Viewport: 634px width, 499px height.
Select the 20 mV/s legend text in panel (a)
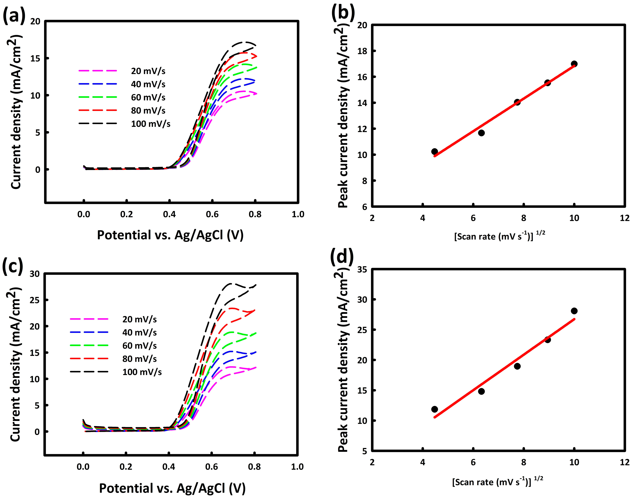[x=148, y=71]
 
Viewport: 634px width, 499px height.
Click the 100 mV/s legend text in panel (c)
[x=142, y=372]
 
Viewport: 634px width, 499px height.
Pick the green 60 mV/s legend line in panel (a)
[x=98, y=97]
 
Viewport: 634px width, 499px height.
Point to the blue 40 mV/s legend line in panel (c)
[x=89, y=332]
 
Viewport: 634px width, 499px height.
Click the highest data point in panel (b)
[x=574, y=64]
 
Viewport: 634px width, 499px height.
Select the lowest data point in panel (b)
[x=434, y=151]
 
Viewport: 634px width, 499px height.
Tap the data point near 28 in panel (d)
[x=574, y=311]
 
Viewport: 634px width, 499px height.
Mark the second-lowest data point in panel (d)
[x=481, y=391]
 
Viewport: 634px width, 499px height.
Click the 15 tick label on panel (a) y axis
[x=35, y=59]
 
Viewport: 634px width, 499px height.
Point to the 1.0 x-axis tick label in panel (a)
[x=298, y=214]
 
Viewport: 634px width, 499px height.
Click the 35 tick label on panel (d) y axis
[x=362, y=270]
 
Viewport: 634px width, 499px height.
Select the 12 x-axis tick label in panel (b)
[x=625, y=218]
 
